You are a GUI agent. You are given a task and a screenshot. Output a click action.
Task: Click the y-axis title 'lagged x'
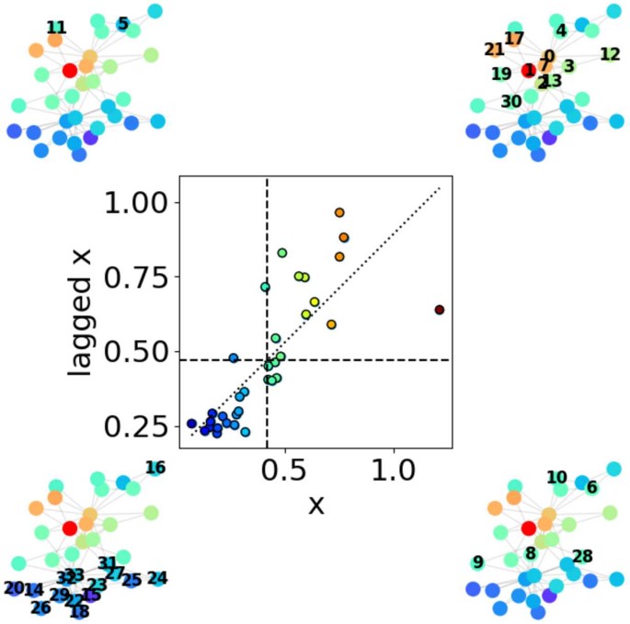(x=83, y=313)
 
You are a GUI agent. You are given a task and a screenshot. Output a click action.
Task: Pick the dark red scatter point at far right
(x=440, y=310)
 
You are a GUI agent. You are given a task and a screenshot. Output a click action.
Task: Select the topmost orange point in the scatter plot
(x=339, y=213)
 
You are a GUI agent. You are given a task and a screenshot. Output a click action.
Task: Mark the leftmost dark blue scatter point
(x=191, y=424)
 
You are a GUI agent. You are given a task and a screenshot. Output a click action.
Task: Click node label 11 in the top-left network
(x=56, y=28)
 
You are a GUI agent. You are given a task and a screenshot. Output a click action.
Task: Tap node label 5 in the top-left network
(x=123, y=24)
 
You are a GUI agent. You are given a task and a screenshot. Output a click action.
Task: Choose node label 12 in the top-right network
(x=610, y=54)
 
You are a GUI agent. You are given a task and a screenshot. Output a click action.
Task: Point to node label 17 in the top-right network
(x=514, y=39)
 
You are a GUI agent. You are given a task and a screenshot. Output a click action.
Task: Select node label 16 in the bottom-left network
(x=155, y=469)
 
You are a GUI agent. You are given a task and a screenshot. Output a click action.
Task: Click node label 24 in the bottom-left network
(x=157, y=578)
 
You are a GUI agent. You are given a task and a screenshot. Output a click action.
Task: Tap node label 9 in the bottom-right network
(x=477, y=562)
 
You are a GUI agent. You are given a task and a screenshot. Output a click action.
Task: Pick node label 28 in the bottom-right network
(x=582, y=556)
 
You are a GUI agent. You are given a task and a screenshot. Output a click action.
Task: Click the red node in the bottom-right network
(x=528, y=528)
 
